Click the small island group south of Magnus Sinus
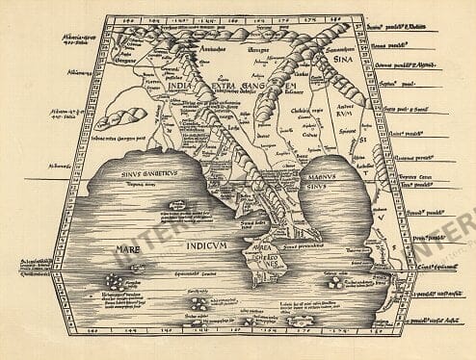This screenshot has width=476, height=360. (337, 283)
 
